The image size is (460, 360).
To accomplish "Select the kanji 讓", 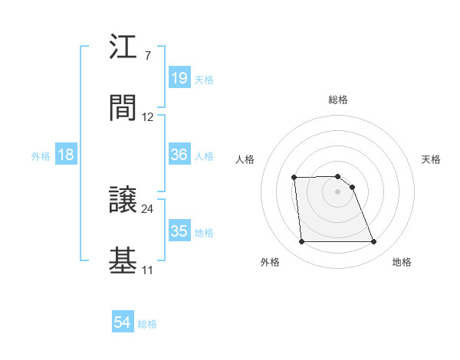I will click(123, 201).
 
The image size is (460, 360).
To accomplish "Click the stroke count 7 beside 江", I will click(147, 56).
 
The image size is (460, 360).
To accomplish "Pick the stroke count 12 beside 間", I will click(148, 117).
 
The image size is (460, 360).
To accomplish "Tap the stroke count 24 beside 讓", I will click(148, 208).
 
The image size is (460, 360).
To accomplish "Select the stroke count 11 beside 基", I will click(147, 270).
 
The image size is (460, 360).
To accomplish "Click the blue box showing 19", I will click(179, 78).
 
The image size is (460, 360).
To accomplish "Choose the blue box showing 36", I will click(179, 155).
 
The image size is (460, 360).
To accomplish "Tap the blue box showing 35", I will click(179, 231).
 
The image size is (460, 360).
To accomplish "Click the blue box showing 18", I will click(66, 155).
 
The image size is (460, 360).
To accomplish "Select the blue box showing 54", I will click(123, 323).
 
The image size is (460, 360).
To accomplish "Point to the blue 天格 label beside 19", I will click(204, 80).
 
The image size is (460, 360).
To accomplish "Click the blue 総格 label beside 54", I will click(147, 324).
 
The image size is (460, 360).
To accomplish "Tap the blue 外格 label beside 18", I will click(41, 155).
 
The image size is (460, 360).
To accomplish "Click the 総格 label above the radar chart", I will click(338, 100).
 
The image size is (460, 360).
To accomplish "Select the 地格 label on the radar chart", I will click(402, 262).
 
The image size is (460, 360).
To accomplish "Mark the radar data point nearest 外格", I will click(301, 242).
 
